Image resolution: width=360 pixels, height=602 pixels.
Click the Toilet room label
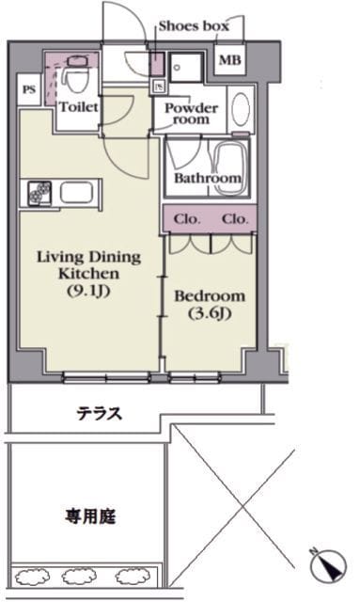(x=79, y=106)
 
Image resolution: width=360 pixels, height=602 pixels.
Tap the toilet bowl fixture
(x=75, y=76)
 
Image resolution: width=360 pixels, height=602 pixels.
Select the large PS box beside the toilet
(x=29, y=90)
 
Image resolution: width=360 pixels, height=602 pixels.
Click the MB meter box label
(x=230, y=60)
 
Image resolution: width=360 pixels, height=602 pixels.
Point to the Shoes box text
(x=194, y=26)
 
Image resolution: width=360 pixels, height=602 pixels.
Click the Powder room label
(x=191, y=114)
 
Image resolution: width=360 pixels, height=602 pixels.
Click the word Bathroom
(x=208, y=178)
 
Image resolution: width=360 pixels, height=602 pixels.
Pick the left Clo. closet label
(x=187, y=219)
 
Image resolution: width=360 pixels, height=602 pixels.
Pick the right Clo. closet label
(x=235, y=219)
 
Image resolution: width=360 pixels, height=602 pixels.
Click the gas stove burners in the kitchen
(x=39, y=193)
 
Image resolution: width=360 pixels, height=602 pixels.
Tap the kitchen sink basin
(x=77, y=193)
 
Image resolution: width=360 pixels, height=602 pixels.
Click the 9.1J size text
(x=89, y=292)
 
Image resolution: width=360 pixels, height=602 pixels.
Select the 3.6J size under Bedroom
(x=210, y=313)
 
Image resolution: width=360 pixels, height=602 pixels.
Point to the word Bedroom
(x=210, y=296)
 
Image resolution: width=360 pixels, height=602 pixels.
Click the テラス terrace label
(x=100, y=414)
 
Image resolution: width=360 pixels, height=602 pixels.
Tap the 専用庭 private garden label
(x=90, y=516)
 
